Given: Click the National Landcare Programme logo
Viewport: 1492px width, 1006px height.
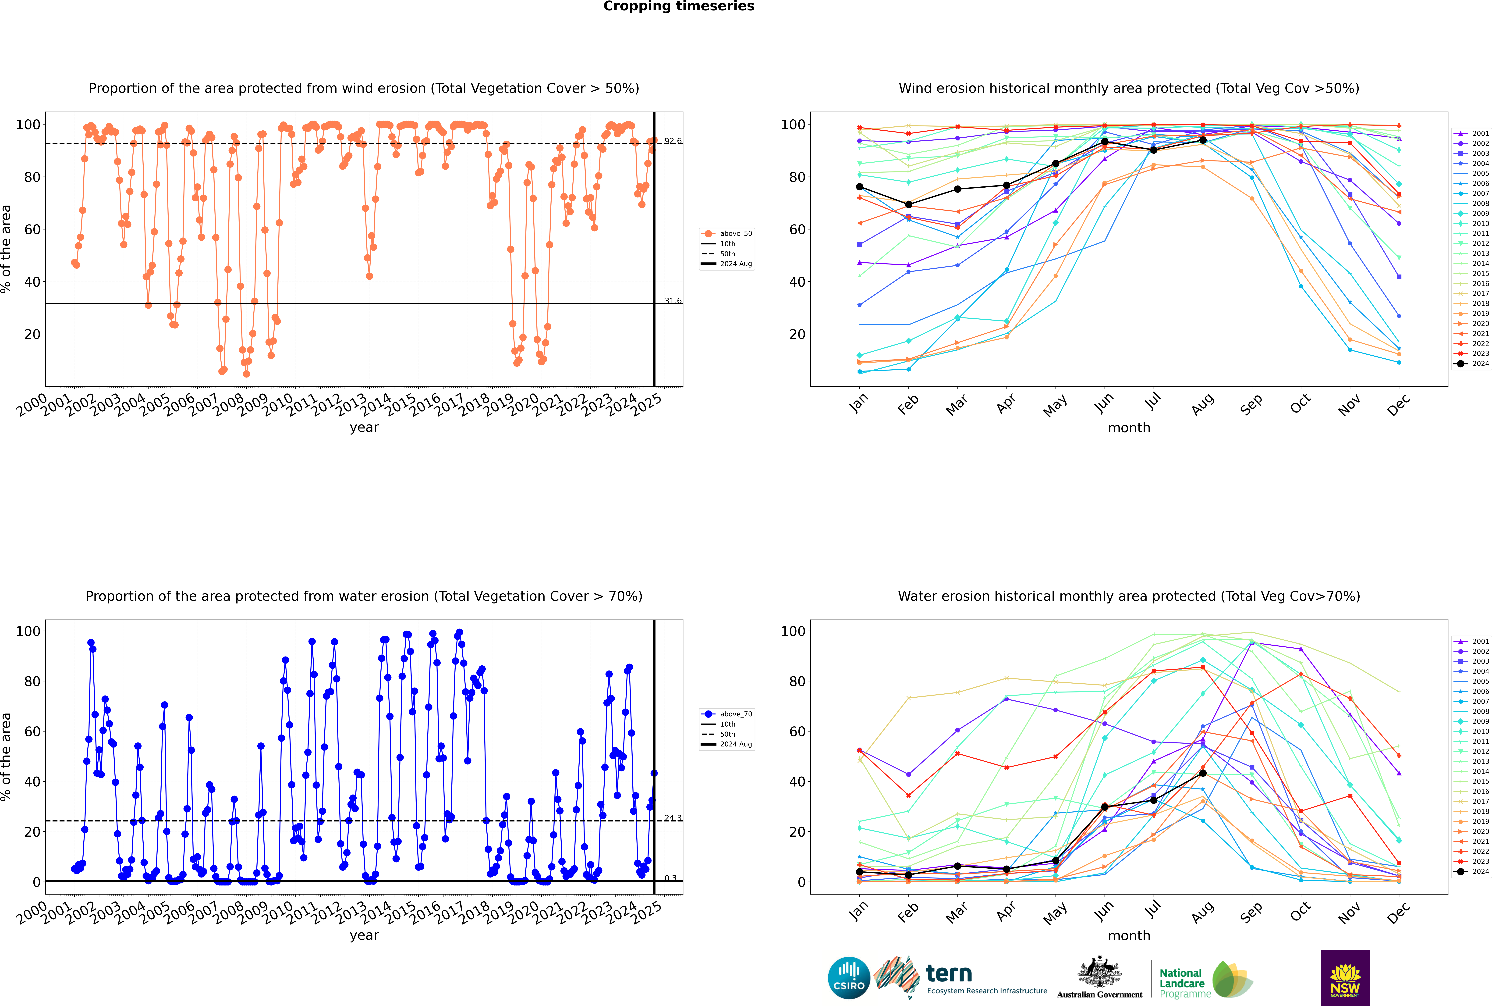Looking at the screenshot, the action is pos(1206,980).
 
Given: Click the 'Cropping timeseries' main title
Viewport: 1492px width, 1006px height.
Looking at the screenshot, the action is pos(679,6).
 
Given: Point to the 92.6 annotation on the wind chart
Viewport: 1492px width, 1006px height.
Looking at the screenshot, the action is pos(673,141).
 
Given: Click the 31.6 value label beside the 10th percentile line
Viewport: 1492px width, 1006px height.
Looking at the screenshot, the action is pos(673,301).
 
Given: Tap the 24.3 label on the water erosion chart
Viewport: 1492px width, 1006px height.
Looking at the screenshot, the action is pos(673,818).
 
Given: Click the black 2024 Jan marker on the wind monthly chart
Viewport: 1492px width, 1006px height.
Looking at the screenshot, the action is pos(860,187).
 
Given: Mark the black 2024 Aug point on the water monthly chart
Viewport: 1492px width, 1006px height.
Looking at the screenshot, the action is pos(1203,773).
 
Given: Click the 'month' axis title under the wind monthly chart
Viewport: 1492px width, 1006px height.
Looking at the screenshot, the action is pos(1129,428).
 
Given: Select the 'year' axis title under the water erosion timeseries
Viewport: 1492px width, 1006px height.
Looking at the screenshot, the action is pos(364,935).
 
